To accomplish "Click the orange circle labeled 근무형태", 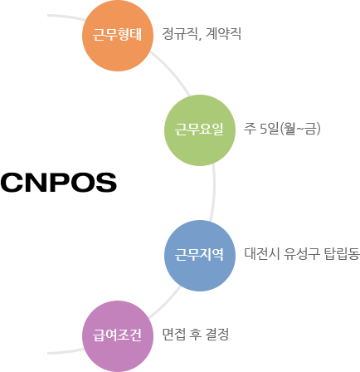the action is coord(118,36).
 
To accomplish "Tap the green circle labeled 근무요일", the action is coord(200,130).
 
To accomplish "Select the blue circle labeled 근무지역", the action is coord(200,256).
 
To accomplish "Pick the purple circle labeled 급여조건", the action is coord(118,336).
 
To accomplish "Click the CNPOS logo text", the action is coord(59,182).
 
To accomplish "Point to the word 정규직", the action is coord(180,34).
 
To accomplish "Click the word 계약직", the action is coord(223,34).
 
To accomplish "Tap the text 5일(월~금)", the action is coord(290,129).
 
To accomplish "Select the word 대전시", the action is coord(261,253).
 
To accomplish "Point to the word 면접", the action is coord(173,334).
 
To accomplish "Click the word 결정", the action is coord(217,334).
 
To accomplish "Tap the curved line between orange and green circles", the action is coord(172,72).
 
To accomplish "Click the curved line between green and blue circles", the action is coord(213,193).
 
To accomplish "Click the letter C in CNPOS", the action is coord(12,182).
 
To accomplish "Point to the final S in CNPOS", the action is coord(106,182).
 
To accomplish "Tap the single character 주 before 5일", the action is coord(250,129).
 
